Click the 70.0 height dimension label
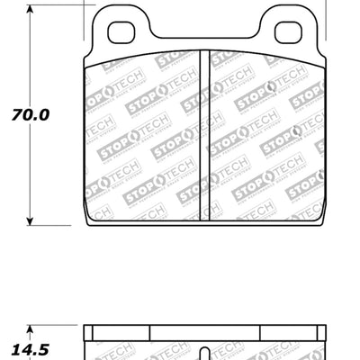pos(31,115)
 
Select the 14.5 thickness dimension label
pos(31,345)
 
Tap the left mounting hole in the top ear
pos(121,31)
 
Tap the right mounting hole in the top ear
pos(287,31)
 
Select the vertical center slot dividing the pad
pos(204,135)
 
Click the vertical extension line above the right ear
pos(327,18)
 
